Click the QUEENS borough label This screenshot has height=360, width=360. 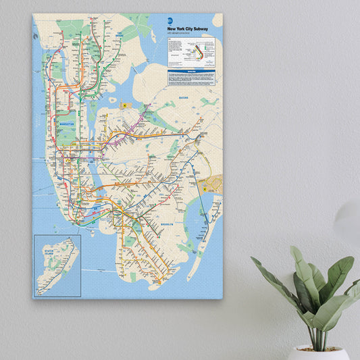184,98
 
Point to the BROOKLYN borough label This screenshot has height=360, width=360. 168,224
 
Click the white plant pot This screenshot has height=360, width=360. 317,353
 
